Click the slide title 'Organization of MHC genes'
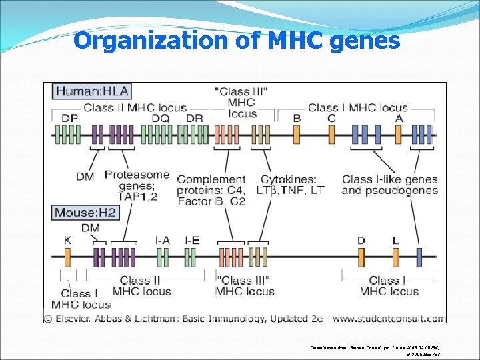(x=237, y=41)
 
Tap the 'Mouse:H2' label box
(x=85, y=213)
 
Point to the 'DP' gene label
(x=69, y=118)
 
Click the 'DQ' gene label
(x=161, y=118)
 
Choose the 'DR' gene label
(x=195, y=118)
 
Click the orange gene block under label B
(x=297, y=135)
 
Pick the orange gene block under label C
(x=331, y=135)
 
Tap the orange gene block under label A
(x=399, y=135)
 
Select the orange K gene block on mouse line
(x=68, y=257)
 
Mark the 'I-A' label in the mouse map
(x=162, y=240)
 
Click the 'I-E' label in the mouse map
(x=192, y=240)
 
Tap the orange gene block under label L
(x=396, y=257)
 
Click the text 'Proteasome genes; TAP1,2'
(x=137, y=185)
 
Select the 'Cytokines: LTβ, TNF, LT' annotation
(x=292, y=185)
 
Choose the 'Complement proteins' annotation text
(x=211, y=190)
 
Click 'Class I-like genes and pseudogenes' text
(x=390, y=185)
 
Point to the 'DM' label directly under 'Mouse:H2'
(x=91, y=228)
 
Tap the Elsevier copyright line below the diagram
(x=245, y=319)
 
